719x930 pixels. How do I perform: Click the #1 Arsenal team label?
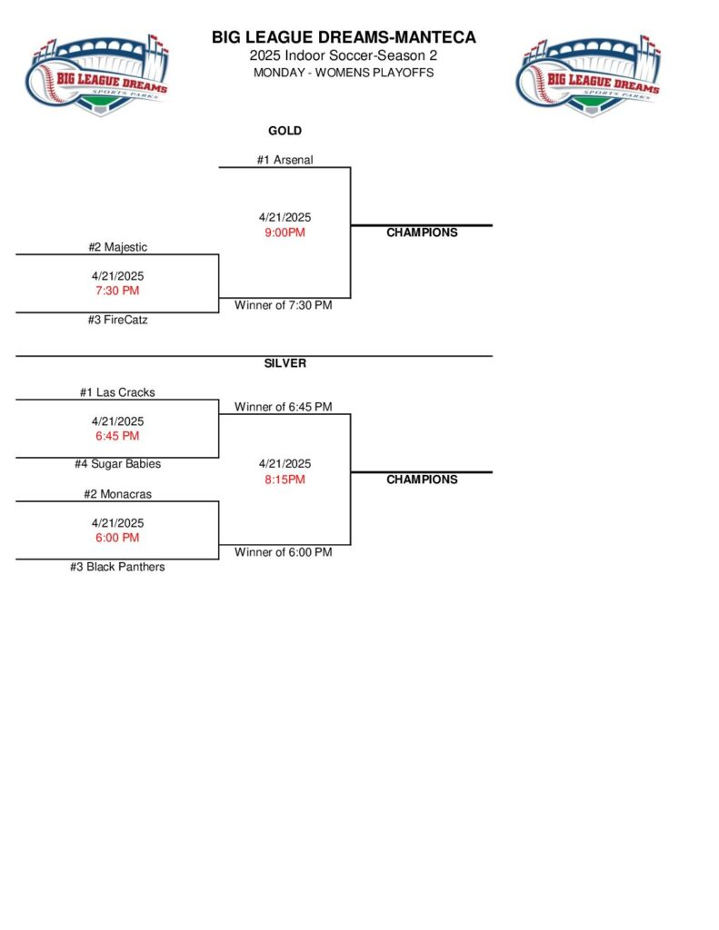[x=285, y=160]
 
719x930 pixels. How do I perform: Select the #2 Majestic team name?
[x=117, y=247]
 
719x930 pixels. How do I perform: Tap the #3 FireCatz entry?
[x=117, y=320]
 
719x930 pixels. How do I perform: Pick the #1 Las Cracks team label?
[x=117, y=392]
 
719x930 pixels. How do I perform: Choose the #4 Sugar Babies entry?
[x=117, y=464]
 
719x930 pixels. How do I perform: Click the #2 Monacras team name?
[x=117, y=494]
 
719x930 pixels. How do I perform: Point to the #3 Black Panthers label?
[x=117, y=567]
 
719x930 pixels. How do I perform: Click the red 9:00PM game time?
[x=285, y=232]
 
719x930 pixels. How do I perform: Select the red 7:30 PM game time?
[x=117, y=291]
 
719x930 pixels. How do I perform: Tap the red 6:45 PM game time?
[x=117, y=436]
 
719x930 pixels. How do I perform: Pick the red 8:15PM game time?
[x=285, y=480]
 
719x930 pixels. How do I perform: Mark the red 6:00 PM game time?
[x=117, y=538]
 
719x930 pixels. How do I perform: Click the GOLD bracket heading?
[x=285, y=131]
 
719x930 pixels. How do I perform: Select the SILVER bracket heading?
[x=285, y=363]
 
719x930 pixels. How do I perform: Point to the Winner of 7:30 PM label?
[x=284, y=305]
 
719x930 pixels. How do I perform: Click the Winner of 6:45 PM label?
[x=284, y=407]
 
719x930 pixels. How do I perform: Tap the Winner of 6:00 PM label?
[x=284, y=552]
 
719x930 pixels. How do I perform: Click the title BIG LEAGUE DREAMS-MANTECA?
[x=344, y=37]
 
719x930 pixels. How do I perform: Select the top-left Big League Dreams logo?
[x=96, y=76]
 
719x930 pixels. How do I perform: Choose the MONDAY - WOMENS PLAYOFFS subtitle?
[x=344, y=73]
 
